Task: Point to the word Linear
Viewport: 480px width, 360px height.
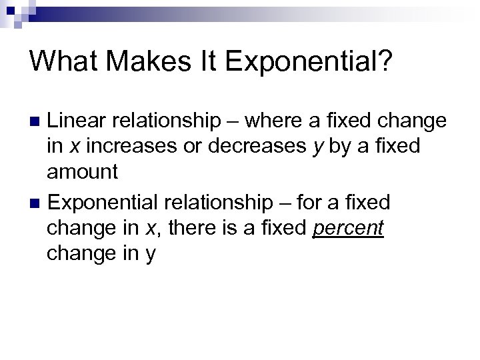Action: (x=77, y=121)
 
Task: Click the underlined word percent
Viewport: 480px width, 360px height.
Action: (x=348, y=228)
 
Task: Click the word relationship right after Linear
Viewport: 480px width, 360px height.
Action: (x=166, y=121)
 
